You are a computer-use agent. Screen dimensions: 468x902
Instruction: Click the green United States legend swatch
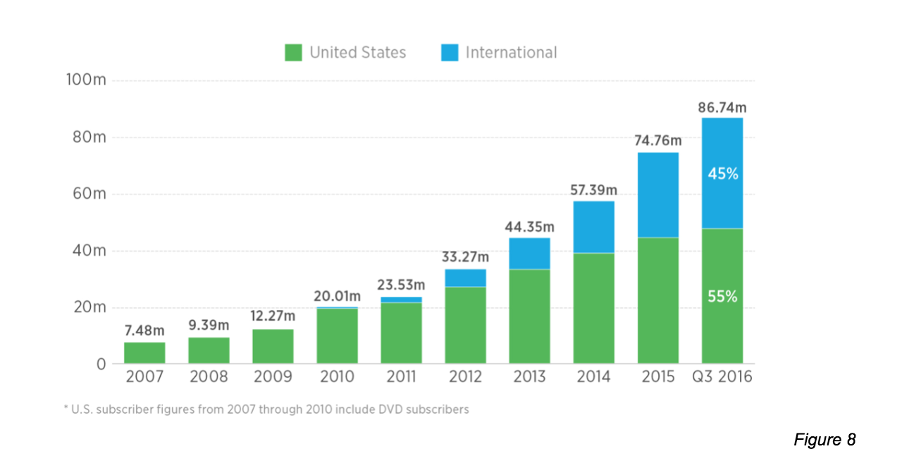(293, 53)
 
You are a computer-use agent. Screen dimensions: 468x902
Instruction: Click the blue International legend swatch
(450, 53)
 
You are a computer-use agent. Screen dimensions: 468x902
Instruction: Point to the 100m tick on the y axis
(86, 80)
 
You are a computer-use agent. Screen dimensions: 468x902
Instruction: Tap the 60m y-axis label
(89, 194)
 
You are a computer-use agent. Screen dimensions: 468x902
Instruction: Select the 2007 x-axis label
(144, 377)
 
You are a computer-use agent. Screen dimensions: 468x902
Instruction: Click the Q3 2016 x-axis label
(722, 377)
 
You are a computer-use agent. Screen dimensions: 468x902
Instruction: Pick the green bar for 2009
(273, 346)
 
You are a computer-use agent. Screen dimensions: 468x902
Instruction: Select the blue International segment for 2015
(658, 195)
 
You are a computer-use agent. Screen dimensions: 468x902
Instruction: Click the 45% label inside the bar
(723, 173)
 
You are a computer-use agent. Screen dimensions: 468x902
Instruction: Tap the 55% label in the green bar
(723, 297)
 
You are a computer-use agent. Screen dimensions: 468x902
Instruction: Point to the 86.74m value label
(722, 108)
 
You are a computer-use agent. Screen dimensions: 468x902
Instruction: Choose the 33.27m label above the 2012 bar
(465, 258)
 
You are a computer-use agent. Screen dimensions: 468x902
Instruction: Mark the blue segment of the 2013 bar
(530, 253)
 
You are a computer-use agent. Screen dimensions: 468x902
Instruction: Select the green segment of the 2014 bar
(594, 308)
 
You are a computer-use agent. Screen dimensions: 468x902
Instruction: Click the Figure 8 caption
(824, 440)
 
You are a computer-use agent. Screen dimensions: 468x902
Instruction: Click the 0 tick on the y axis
(101, 364)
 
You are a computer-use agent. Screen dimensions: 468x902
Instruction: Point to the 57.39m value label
(593, 190)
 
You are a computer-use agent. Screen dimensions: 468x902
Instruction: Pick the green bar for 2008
(209, 350)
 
